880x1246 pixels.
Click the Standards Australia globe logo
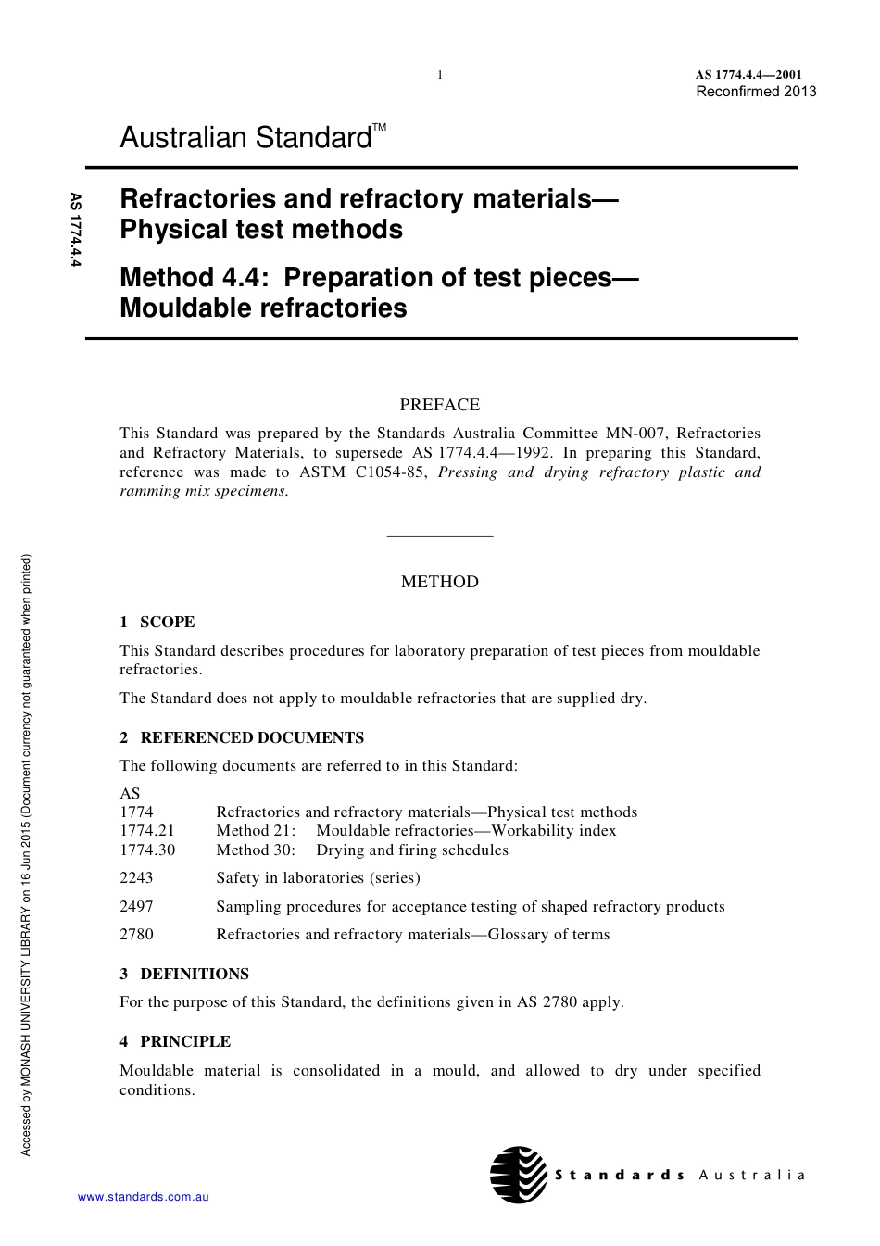[x=519, y=1175]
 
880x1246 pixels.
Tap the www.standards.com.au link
[x=143, y=1197]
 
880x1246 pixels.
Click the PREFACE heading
[x=440, y=405]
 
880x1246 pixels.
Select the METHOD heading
[x=440, y=582]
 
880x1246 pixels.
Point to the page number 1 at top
[x=440, y=75]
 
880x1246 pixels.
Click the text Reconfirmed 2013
[x=756, y=91]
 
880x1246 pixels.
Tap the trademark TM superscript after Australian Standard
[x=380, y=127]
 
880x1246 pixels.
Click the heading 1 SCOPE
[x=157, y=622]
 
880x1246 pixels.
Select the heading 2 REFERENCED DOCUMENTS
[x=242, y=737]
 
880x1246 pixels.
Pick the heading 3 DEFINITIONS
[x=184, y=974]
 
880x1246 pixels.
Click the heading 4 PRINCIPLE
[x=175, y=1041]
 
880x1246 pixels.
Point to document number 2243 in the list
[x=136, y=877]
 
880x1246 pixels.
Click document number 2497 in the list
[x=136, y=906]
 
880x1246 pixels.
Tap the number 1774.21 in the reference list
[x=147, y=830]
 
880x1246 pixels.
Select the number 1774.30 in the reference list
[x=147, y=850]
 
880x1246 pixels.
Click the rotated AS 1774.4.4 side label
[x=76, y=230]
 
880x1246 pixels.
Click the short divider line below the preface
[x=440, y=536]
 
